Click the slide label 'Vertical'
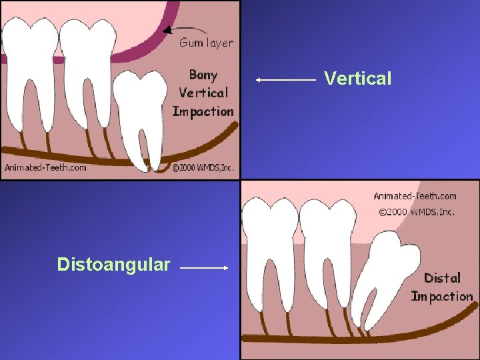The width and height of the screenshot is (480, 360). [358, 79]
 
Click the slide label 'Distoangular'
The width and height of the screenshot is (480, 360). [113, 265]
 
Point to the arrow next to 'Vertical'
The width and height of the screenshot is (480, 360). [285, 79]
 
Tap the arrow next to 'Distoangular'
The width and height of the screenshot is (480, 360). [204, 268]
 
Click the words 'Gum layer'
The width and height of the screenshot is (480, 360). [206, 43]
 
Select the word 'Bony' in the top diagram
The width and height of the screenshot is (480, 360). [203, 75]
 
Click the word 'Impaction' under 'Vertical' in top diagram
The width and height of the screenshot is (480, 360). [203, 111]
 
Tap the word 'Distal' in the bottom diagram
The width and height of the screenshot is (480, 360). [442, 277]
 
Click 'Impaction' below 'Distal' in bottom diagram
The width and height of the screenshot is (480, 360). [441, 296]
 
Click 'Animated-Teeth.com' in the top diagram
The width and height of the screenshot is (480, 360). [45, 167]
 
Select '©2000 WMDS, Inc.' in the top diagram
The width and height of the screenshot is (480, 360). [203, 168]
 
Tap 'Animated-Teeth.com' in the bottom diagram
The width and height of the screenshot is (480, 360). [415, 196]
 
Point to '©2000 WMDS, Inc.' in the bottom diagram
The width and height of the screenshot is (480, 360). [417, 212]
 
